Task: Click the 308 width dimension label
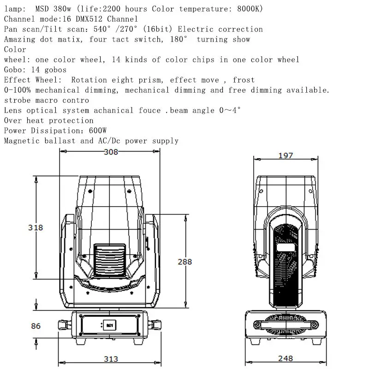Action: pos(111,152)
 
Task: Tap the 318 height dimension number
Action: pos(36,227)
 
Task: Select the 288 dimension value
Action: pos(185,262)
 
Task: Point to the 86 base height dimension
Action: pos(36,326)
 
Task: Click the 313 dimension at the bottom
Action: pos(111,359)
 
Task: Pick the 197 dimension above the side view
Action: pos(286,155)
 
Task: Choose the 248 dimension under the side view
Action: pos(286,358)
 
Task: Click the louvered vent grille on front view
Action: pos(110,261)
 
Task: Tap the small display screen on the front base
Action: pos(110,325)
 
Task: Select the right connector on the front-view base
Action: pos(155,325)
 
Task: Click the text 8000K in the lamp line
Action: pos(250,9)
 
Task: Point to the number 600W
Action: pos(98,131)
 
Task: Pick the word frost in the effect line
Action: pos(244,80)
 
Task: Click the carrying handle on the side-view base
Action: pos(286,325)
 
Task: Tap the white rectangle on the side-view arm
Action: pos(286,247)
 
